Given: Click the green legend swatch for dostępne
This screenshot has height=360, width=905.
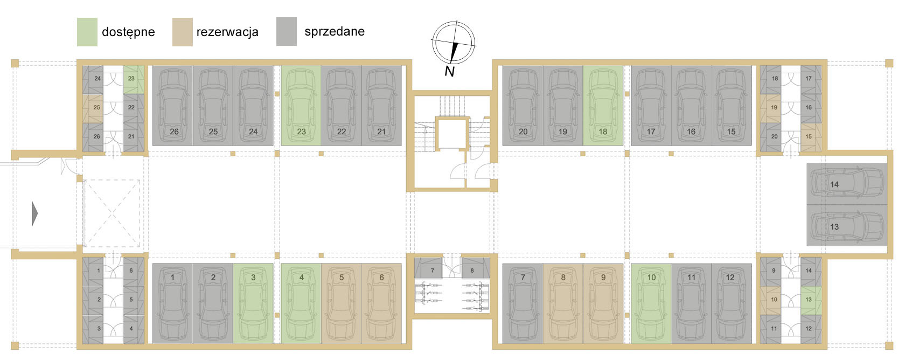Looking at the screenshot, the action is [x=87, y=32].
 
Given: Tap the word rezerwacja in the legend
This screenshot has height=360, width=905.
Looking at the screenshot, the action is [x=227, y=32].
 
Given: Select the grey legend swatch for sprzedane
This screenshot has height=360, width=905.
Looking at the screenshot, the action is [x=287, y=31].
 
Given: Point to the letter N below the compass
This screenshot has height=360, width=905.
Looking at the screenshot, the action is [x=450, y=72].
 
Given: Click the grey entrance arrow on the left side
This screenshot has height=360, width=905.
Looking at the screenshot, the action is [x=34, y=214].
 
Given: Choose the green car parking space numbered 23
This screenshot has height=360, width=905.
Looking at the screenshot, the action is [x=301, y=106].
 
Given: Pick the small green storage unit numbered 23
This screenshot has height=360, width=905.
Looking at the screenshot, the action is [x=134, y=80].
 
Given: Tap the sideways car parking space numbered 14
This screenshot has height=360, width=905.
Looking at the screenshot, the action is [x=847, y=184].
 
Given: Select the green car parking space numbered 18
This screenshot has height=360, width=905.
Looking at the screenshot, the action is [x=603, y=106].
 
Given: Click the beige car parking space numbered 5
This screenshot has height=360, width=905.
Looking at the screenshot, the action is [x=341, y=304].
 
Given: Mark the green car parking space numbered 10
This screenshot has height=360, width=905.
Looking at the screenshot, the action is [x=651, y=304].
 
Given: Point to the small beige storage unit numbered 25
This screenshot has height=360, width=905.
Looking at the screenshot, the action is [x=93, y=108].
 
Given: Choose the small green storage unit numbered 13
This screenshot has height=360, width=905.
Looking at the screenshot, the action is [x=811, y=301].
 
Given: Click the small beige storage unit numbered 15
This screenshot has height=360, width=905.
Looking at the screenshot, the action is [x=811, y=137].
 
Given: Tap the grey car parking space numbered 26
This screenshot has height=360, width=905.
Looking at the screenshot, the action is [x=172, y=106].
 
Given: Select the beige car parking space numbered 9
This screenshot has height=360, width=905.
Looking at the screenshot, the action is [x=603, y=304].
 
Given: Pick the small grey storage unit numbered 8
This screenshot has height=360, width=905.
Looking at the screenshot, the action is [x=476, y=268].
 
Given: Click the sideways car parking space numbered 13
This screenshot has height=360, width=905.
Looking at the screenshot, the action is [x=847, y=225].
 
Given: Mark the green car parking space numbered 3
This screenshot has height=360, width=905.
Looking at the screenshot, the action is [x=253, y=304].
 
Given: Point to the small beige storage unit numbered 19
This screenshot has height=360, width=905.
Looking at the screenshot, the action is [x=770, y=108].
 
